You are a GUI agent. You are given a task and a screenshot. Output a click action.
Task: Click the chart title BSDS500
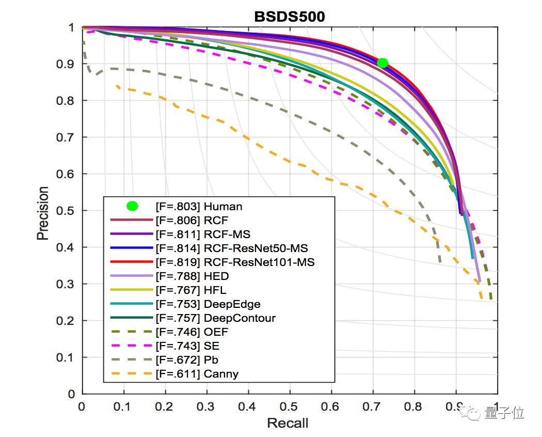tap(289, 17)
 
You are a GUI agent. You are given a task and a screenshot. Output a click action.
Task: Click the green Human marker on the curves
tap(382, 63)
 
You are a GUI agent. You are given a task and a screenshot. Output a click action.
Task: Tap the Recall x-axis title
tap(288, 424)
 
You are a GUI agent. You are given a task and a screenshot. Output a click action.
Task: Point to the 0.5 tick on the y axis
tap(68, 211)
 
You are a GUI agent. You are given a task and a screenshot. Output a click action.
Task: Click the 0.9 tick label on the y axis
tap(68, 64)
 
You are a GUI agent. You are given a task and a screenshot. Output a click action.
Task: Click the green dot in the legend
tap(132, 206)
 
